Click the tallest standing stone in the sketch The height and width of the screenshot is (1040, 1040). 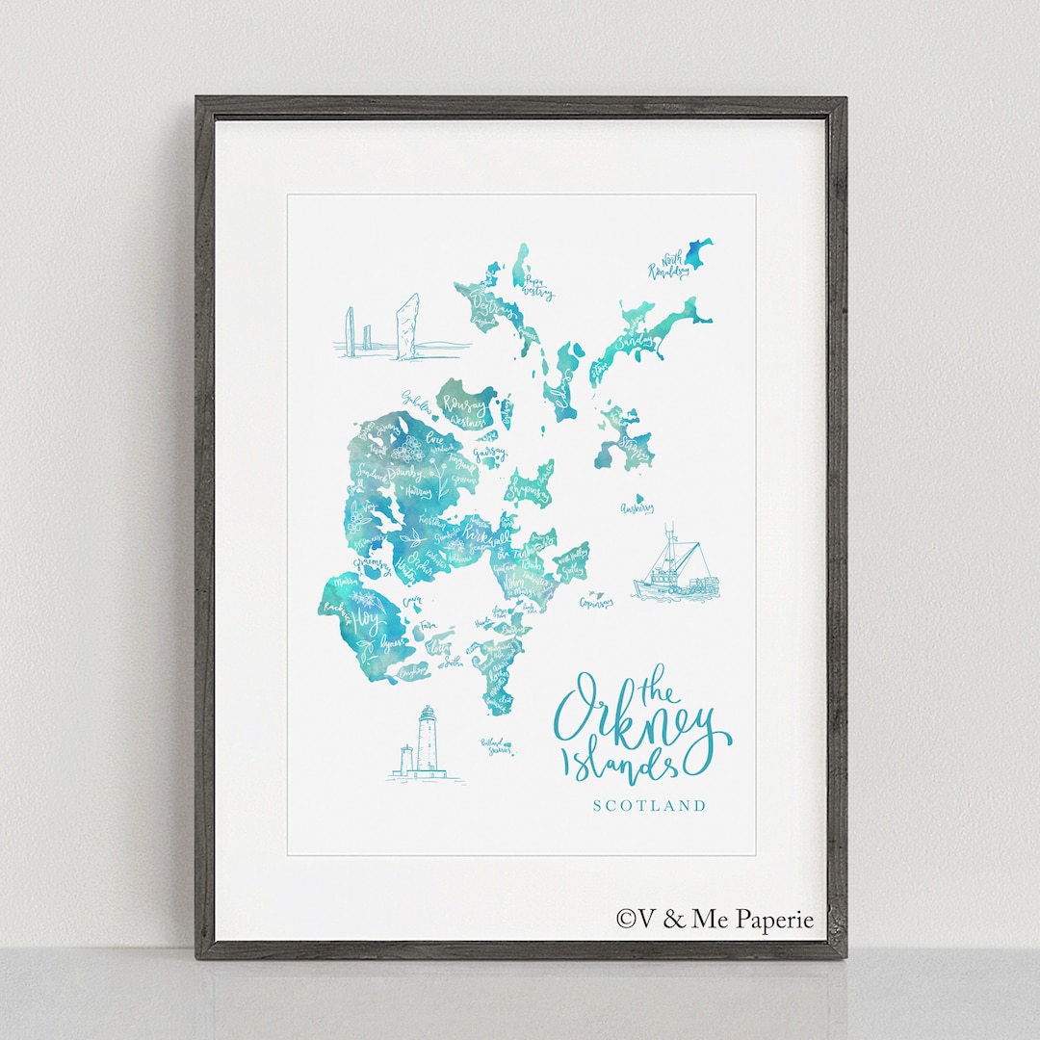pos(408,325)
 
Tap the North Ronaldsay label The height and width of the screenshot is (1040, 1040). pos(669,267)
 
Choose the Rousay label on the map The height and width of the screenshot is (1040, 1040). pos(465,408)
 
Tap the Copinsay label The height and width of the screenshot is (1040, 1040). pos(596,603)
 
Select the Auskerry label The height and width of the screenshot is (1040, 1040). pos(637,507)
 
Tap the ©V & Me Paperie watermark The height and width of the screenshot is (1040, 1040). pos(715,920)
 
